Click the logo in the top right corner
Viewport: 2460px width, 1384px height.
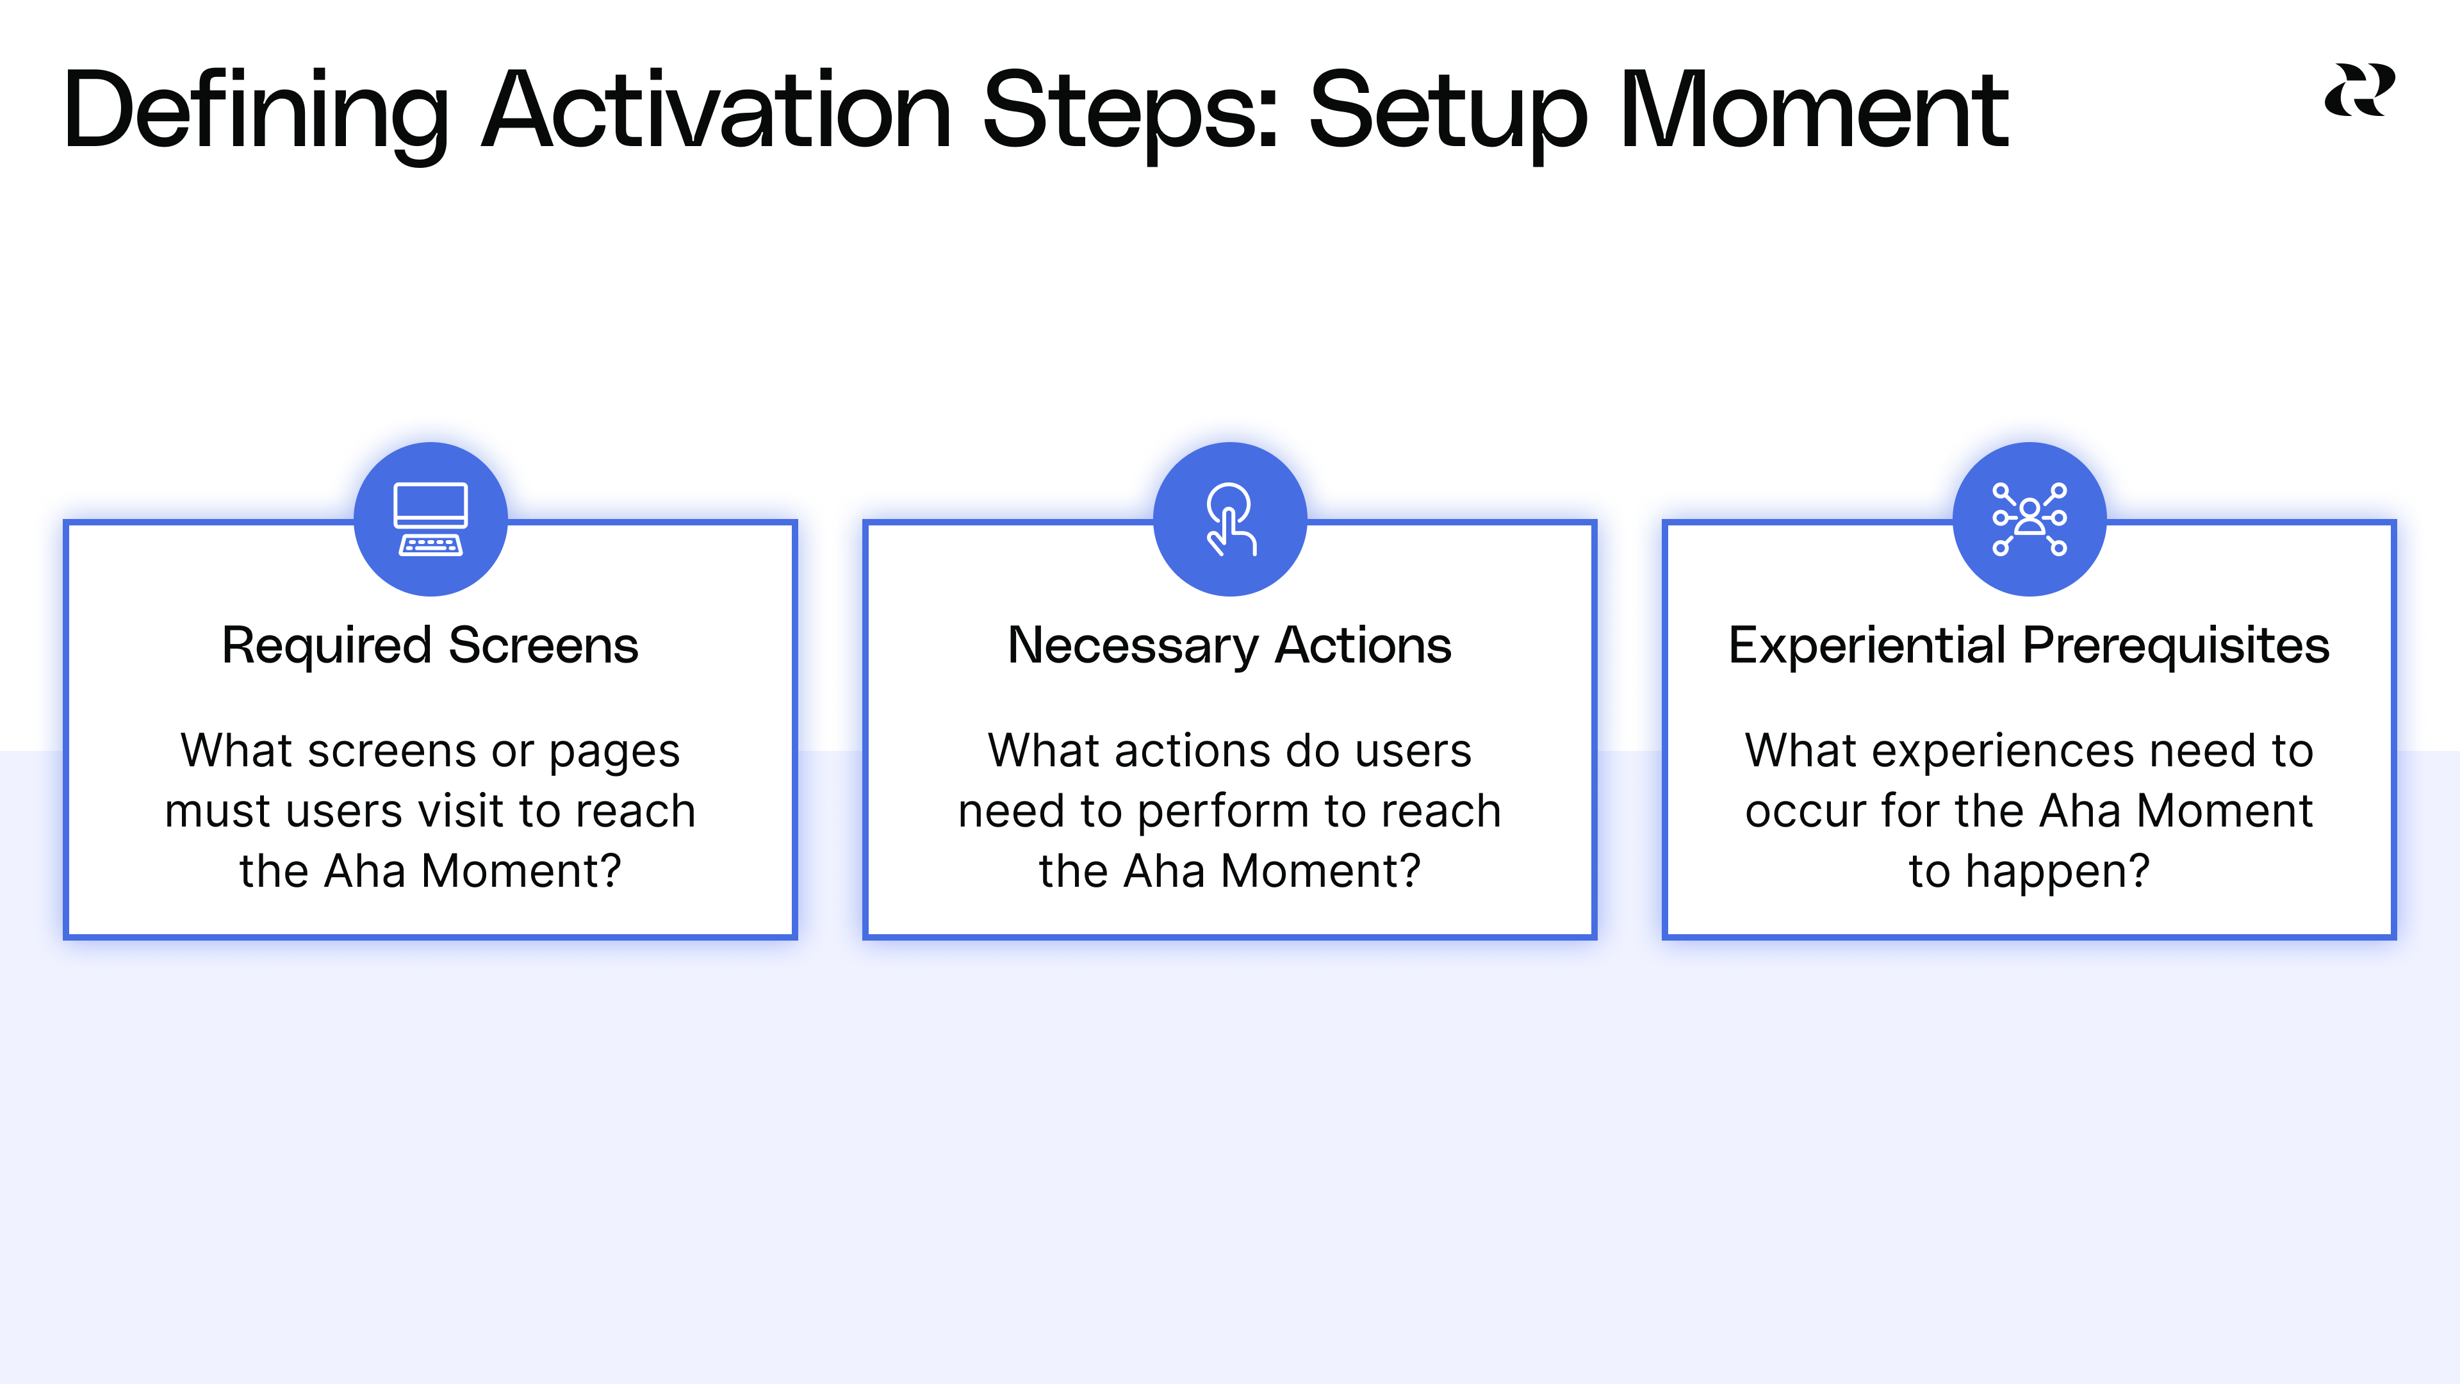[2359, 91]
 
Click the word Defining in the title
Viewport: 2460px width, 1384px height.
[256, 113]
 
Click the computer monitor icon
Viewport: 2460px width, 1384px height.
[430, 518]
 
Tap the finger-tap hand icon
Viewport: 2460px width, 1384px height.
[1230, 518]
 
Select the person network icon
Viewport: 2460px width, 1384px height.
[2029, 518]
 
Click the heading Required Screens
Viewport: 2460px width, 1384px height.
[430, 646]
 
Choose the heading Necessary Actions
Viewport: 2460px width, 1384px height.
[1229, 646]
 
